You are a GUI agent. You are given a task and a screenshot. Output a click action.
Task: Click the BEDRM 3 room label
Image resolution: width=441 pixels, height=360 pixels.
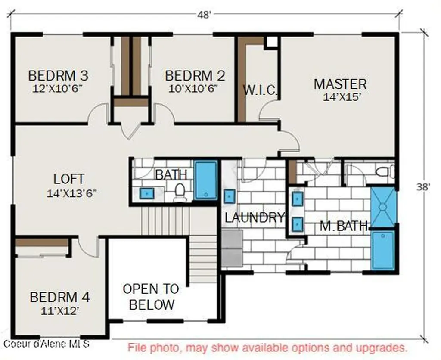pos(58,76)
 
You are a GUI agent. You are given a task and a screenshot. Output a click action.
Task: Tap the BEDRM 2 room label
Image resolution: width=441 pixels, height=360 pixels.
pos(195,76)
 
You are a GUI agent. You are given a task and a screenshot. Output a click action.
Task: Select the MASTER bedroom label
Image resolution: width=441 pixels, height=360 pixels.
pos(340,84)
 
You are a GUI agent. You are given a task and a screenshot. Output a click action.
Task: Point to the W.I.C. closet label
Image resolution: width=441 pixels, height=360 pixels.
pos(260,90)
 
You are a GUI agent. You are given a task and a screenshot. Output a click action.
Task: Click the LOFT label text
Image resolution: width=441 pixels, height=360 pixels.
pos(69,179)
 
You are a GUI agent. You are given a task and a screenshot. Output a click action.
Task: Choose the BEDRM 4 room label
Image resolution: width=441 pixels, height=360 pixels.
pos(60,297)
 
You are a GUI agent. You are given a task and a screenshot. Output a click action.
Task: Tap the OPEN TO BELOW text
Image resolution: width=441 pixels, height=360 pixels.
pos(151,297)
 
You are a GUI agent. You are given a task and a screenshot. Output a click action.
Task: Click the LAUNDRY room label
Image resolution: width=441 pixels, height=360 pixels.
pos(254,218)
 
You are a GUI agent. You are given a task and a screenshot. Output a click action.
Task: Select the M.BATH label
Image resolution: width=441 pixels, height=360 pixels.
pos(344,226)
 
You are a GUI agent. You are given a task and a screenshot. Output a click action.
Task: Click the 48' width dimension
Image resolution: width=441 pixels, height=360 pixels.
pos(204,15)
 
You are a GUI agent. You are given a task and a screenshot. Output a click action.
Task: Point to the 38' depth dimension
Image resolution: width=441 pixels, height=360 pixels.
pos(423,187)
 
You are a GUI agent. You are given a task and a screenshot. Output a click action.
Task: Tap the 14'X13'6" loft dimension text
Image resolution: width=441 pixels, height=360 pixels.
pos(72,193)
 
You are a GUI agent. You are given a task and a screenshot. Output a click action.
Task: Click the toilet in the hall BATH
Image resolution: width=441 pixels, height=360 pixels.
pos(180,192)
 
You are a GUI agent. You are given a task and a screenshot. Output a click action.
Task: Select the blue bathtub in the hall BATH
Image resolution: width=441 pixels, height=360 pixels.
pos(206,180)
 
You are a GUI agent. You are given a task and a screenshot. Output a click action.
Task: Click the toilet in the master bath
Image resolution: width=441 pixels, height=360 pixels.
pos(385,172)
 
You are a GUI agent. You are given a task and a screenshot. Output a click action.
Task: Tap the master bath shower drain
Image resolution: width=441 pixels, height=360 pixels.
pos(382,207)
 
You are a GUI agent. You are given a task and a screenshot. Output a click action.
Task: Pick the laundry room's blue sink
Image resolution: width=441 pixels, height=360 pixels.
pos(230,196)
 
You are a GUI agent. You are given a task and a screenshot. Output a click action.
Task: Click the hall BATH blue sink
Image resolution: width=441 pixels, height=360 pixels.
pos(147,193)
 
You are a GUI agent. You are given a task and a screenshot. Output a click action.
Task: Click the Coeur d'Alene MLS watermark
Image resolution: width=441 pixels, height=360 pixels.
pos(47,344)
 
